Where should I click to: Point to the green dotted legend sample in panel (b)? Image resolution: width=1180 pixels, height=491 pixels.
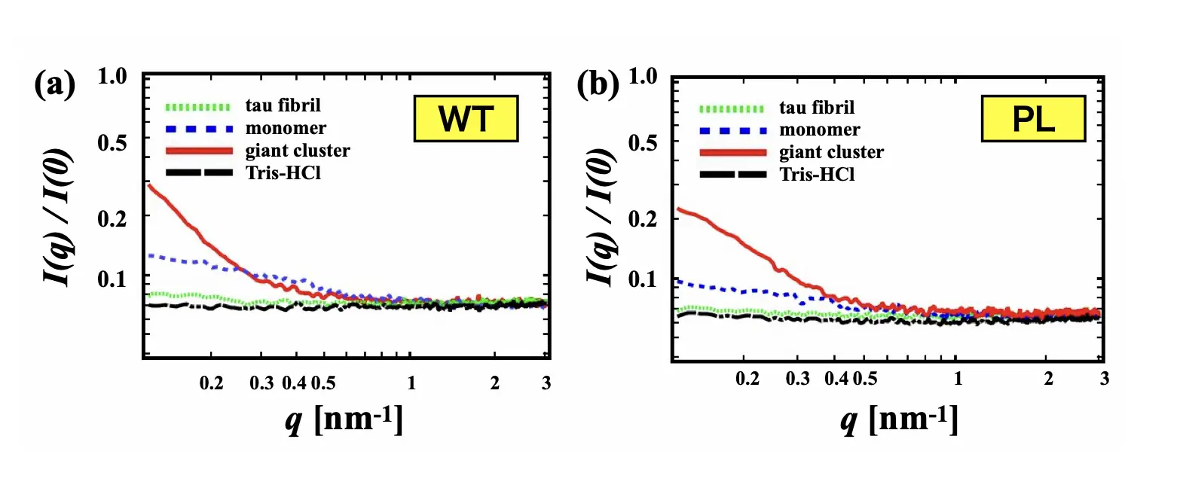(x=732, y=108)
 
